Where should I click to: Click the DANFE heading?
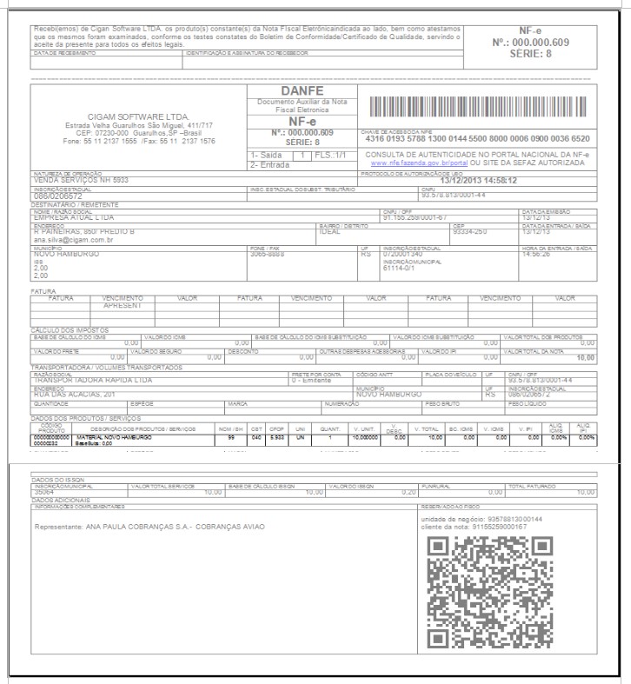pyautogui.click(x=302, y=90)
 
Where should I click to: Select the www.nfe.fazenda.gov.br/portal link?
pyautogui.click(x=408, y=163)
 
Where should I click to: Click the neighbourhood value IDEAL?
pyautogui.click(x=330, y=232)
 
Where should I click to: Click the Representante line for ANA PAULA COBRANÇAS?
pyautogui.click(x=149, y=527)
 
